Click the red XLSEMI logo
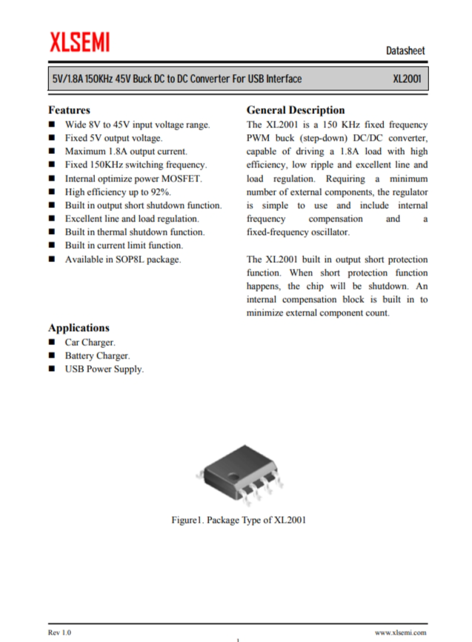click(x=79, y=42)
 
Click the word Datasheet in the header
click(x=405, y=50)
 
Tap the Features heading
click(x=69, y=110)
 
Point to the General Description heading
click(x=295, y=110)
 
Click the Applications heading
click(x=79, y=327)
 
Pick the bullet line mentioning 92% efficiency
click(x=118, y=192)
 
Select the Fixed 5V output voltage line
click(x=113, y=138)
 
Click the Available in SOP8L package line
click(x=122, y=259)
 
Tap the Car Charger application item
click(x=90, y=342)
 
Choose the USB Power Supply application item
click(x=104, y=369)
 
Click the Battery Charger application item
click(x=97, y=355)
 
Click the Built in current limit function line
click(x=124, y=245)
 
